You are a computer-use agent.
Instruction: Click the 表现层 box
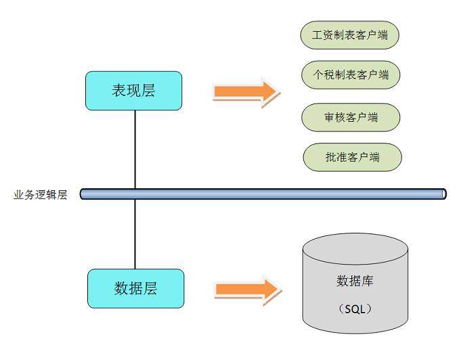click(x=133, y=91)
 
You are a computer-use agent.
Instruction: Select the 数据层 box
click(x=135, y=288)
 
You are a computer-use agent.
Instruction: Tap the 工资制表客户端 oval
click(x=349, y=35)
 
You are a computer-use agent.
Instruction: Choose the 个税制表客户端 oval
click(x=351, y=75)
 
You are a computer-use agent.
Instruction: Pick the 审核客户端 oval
click(x=351, y=117)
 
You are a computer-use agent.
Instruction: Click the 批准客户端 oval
click(x=352, y=157)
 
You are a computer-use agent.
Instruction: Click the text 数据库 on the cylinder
click(x=355, y=281)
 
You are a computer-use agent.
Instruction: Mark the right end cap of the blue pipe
click(x=444, y=194)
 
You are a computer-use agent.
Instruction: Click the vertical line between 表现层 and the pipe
click(x=135, y=149)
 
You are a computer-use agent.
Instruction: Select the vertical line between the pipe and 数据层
click(x=135, y=234)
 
